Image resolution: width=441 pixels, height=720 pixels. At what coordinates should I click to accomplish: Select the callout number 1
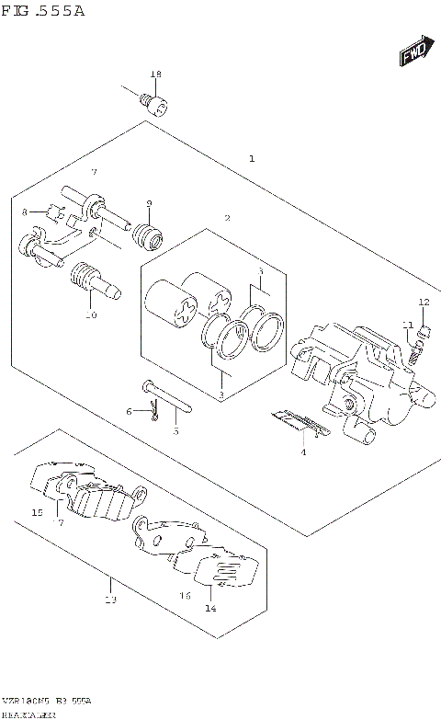tap(252, 159)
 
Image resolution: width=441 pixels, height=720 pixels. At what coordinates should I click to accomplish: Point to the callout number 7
tap(93, 173)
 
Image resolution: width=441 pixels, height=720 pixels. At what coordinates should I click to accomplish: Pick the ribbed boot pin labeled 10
tap(92, 280)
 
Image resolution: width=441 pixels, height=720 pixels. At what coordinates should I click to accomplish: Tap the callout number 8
tap(25, 211)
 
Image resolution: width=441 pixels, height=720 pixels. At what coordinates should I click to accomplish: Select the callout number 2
tap(227, 218)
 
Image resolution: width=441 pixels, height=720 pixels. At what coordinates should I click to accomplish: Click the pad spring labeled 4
tap(300, 423)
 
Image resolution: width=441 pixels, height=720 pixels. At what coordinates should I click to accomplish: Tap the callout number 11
tap(404, 324)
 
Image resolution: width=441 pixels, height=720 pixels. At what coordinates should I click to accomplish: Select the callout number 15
tap(37, 512)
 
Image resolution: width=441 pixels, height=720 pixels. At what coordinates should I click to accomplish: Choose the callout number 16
tap(185, 595)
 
